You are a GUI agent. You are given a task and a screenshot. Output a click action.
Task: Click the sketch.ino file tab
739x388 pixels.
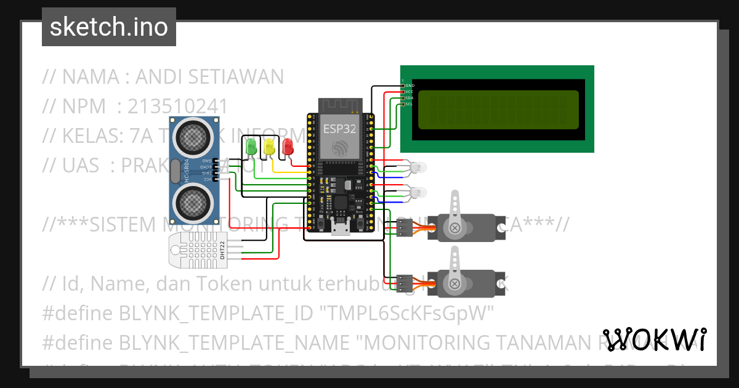(x=108, y=27)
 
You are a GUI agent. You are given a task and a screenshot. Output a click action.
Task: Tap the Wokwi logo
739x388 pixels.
(x=655, y=339)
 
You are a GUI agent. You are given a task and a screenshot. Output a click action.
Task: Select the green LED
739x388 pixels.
(x=251, y=147)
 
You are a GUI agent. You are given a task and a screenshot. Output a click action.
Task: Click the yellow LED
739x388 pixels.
(x=269, y=147)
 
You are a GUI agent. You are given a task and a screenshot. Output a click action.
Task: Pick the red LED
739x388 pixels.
(x=287, y=147)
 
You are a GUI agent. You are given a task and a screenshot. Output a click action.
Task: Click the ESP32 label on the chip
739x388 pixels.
(x=338, y=128)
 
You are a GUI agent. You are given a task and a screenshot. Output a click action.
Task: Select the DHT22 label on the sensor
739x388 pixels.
(x=222, y=251)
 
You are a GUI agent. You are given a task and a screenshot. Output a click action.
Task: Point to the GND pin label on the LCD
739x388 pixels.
(x=410, y=86)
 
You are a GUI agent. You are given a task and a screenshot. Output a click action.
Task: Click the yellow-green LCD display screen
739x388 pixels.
(x=498, y=110)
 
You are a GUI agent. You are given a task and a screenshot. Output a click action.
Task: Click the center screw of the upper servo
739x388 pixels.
(x=455, y=228)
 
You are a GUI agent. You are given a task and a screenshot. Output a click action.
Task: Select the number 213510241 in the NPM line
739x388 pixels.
(x=178, y=107)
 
